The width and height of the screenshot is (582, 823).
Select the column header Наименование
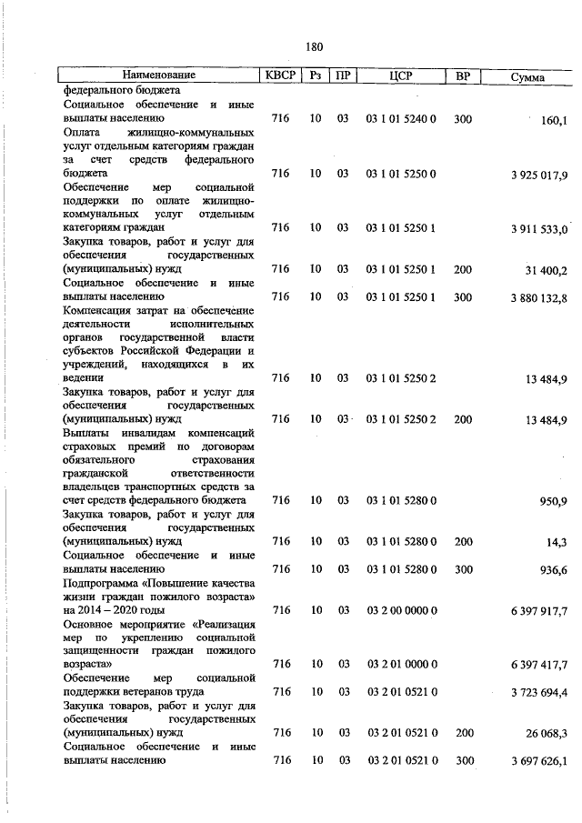tap(159, 75)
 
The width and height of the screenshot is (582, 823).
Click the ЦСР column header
tap(401, 75)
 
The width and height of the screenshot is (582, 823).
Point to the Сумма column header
tap(527, 77)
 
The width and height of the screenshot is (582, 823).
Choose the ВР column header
tap(462, 75)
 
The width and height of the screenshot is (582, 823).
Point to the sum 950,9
tap(552, 501)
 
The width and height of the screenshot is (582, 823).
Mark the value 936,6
tap(552, 570)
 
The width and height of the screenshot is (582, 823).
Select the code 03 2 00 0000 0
tap(402, 610)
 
